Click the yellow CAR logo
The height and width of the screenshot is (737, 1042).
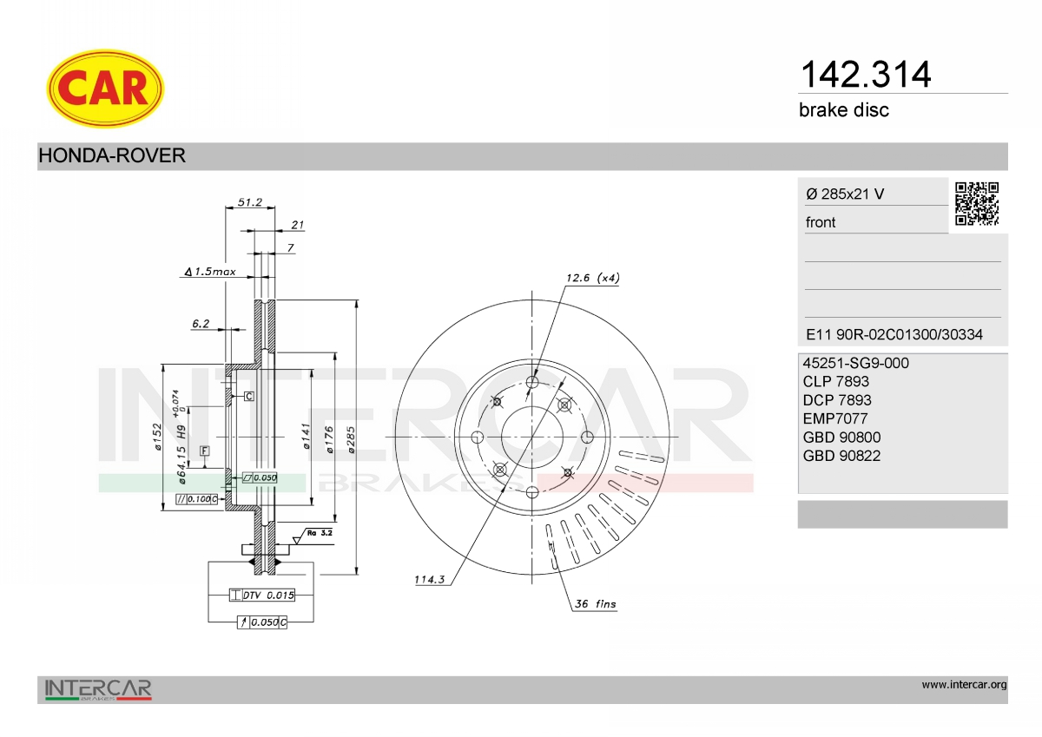pyautogui.click(x=105, y=89)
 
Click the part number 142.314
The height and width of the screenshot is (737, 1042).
pyautogui.click(x=865, y=75)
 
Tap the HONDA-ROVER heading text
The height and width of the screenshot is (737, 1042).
pyautogui.click(x=112, y=155)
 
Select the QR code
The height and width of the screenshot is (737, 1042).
pyautogui.click(x=976, y=204)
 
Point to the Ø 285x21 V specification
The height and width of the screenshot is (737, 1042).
pyautogui.click(x=845, y=194)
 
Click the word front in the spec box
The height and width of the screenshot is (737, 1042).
pyautogui.click(x=821, y=222)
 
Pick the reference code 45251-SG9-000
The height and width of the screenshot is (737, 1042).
pyautogui.click(x=855, y=363)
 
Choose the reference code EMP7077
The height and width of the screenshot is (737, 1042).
pyautogui.click(x=835, y=418)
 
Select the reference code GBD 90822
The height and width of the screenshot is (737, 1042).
pyautogui.click(x=841, y=456)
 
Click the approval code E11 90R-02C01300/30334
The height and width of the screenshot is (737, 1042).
pyautogui.click(x=894, y=334)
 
